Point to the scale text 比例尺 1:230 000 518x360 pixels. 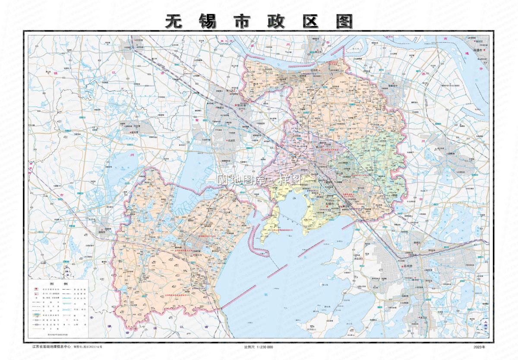(x=259, y=347)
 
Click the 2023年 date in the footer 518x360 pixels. (x=479, y=347)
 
